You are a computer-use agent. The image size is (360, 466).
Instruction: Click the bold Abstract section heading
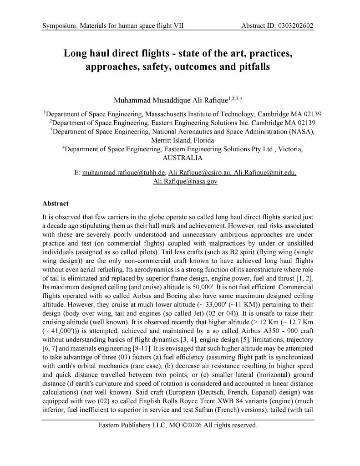tap(55, 204)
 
